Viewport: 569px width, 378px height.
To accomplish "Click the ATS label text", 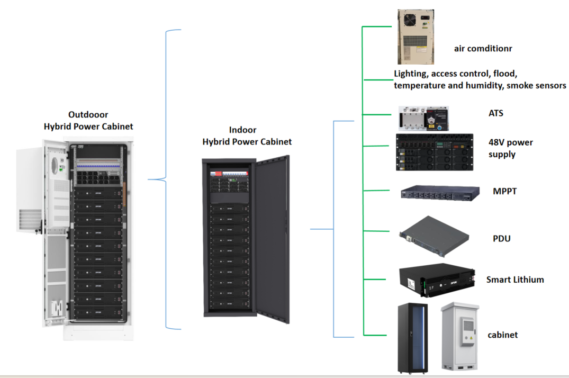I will (496, 113).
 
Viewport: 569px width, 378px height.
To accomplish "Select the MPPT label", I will (504, 191).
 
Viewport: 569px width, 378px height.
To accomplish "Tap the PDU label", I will (501, 239).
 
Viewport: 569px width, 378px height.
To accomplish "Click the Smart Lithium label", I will (515, 280).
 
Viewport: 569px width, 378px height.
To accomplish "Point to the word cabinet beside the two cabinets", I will (502, 335).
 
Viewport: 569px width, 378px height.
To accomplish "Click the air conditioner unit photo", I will (416, 37).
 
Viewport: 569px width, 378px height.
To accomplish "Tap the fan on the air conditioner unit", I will (411, 20).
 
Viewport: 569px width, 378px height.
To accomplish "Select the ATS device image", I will (424, 119).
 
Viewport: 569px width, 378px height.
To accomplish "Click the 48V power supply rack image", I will (434, 152).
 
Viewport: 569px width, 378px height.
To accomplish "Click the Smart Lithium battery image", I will (436, 279).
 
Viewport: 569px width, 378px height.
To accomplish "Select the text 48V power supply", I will (510, 148).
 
